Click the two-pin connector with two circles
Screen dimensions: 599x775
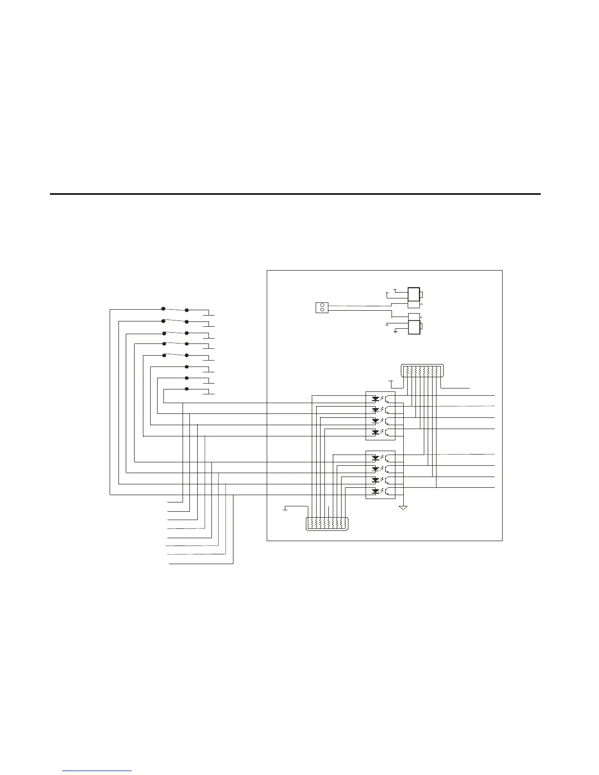pos(322,307)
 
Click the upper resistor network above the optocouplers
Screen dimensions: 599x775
pos(422,371)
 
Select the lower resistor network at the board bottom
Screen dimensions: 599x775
pos(327,524)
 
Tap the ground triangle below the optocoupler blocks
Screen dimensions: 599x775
pos(403,507)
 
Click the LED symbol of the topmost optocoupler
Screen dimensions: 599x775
pos(375,398)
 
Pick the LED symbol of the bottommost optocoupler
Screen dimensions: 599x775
pos(375,491)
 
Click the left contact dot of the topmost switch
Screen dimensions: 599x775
pos(163,309)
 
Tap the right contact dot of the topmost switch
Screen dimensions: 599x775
pos(187,310)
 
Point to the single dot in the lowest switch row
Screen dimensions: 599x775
pos(187,389)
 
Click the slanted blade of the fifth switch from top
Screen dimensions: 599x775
pos(175,354)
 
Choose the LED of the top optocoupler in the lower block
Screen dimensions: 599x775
pos(375,458)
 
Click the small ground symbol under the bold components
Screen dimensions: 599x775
pos(395,332)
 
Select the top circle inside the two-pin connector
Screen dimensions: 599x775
pos(322,305)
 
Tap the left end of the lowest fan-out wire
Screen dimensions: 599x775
pos(169,564)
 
